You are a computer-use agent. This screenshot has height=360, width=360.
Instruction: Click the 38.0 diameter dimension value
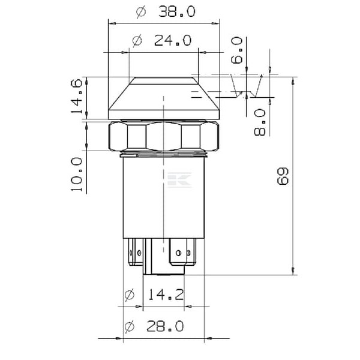177,11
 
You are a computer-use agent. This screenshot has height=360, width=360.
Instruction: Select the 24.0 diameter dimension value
173,40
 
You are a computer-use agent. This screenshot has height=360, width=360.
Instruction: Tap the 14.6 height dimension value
77,96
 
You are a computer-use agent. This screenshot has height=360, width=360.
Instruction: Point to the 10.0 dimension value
77,175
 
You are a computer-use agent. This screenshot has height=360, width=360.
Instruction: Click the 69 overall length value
283,176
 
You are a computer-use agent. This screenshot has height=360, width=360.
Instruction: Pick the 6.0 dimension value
237,50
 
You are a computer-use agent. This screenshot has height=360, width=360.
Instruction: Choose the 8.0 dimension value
260,122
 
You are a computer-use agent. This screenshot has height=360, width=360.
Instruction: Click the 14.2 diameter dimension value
166,295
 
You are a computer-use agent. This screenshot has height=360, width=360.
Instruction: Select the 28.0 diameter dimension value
165,326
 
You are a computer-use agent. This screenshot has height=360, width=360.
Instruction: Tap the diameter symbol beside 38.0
141,12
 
